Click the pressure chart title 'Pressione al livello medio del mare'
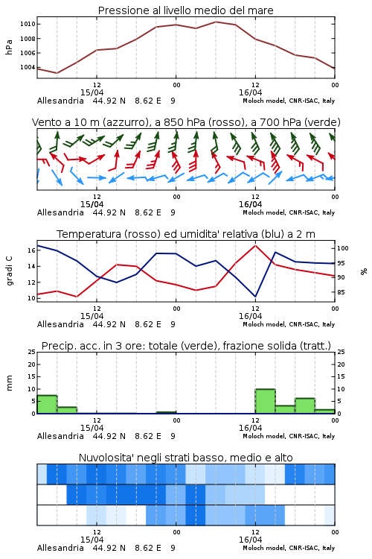(x=185, y=10)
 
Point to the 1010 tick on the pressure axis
(x=28, y=25)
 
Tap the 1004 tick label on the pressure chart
(x=28, y=67)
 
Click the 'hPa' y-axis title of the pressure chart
(x=9, y=47)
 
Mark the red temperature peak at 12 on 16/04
(x=255, y=245)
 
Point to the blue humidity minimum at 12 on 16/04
(x=255, y=296)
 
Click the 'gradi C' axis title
(x=10, y=271)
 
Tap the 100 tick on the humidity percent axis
(x=343, y=248)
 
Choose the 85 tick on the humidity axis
(x=341, y=292)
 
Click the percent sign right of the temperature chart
(x=364, y=271)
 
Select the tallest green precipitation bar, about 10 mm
(x=265, y=401)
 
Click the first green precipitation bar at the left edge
(x=47, y=404)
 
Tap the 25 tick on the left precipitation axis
(x=32, y=352)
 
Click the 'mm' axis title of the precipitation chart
(x=9, y=383)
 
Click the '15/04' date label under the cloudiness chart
(x=92, y=540)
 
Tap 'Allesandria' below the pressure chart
(x=60, y=101)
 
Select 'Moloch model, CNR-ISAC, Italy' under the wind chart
(x=289, y=212)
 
